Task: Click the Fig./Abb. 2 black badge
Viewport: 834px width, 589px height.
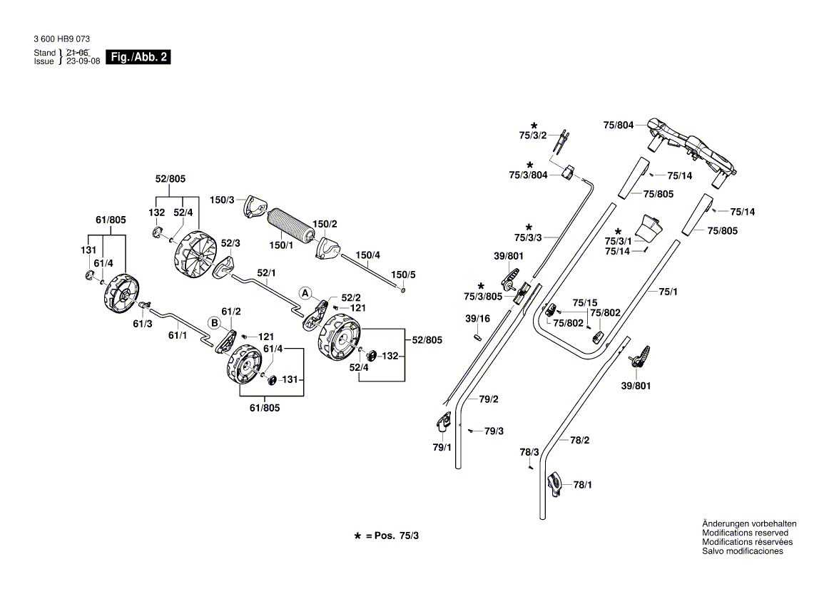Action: coord(138,57)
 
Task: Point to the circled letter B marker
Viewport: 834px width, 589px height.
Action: coord(213,323)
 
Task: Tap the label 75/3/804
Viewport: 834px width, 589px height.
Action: coord(528,175)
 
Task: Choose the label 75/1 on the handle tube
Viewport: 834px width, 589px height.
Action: coord(668,291)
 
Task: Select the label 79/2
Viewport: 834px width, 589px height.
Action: coord(489,399)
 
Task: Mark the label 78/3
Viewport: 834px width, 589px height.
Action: coord(529,452)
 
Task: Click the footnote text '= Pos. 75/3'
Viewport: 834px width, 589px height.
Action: coord(392,535)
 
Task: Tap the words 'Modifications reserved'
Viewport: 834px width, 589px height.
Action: coord(745,533)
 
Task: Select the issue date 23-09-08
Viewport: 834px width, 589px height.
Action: coord(82,61)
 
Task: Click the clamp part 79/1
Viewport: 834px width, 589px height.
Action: coord(442,424)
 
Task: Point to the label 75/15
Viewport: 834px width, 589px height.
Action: coord(584,302)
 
